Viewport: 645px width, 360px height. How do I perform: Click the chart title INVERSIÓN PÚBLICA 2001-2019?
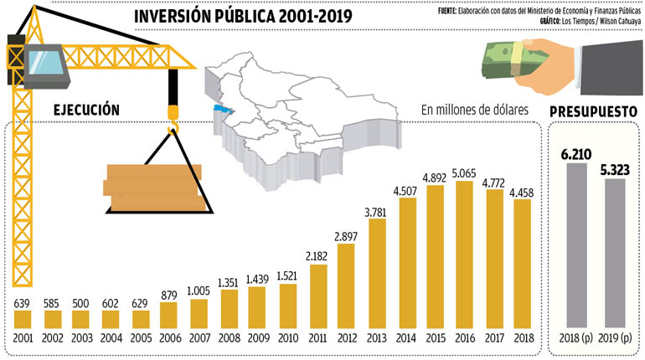[x=243, y=17]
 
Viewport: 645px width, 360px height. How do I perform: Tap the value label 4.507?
[x=405, y=189]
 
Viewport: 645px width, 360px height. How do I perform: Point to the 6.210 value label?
[x=578, y=154]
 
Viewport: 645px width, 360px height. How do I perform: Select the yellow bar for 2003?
[x=82, y=318]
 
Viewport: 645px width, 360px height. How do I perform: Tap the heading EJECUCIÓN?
[x=86, y=111]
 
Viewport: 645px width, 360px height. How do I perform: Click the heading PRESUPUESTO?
[x=593, y=112]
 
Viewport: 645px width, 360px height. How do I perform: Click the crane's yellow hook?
[x=174, y=117]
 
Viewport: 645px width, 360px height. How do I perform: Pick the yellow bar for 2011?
[x=316, y=293]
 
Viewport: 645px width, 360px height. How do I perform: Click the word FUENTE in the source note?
[x=451, y=11]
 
